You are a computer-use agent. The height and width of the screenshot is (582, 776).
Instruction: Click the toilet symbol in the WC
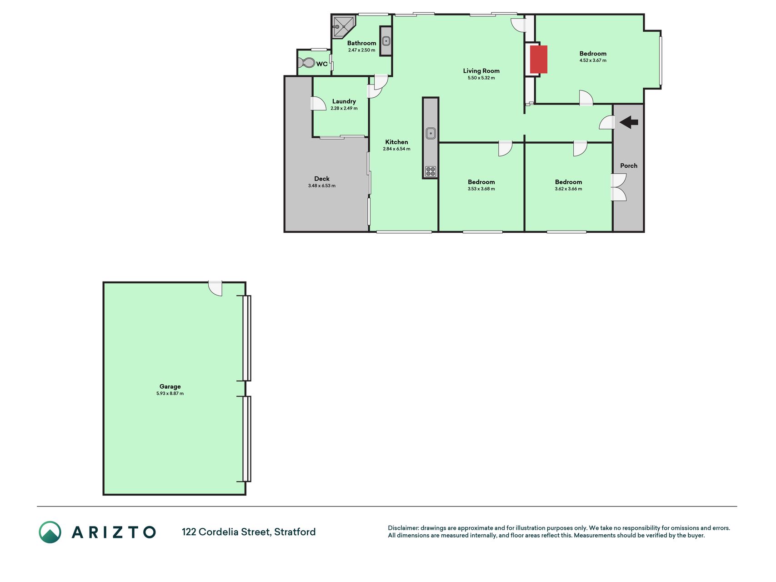tap(309, 63)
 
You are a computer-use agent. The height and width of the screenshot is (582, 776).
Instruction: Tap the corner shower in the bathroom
tap(342, 27)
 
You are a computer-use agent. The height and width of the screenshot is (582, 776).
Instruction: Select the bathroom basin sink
tap(386, 41)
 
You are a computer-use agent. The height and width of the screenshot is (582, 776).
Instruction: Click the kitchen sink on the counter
tap(431, 133)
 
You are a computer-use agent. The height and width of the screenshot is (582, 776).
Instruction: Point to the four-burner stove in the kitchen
tap(431, 171)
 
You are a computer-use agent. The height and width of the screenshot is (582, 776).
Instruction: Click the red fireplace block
tap(539, 59)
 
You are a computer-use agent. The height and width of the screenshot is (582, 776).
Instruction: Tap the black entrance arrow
tap(629, 122)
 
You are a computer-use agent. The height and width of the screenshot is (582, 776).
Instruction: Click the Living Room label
tap(481, 71)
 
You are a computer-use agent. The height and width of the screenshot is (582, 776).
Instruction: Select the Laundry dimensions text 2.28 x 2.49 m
tap(344, 108)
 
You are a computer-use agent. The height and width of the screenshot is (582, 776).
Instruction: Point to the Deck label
tap(322, 179)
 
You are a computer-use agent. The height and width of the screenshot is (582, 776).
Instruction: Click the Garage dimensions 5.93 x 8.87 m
tap(170, 393)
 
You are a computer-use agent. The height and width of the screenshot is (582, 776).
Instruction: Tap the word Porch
tap(629, 166)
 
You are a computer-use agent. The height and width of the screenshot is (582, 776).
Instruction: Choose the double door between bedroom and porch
tap(619, 187)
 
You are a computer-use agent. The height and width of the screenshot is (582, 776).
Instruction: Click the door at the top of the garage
tap(215, 288)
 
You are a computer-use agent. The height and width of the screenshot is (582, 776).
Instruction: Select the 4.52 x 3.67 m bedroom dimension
tap(593, 60)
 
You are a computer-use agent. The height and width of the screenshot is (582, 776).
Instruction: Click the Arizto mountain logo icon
tap(50, 532)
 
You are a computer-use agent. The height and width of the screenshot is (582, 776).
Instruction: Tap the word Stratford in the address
tap(295, 532)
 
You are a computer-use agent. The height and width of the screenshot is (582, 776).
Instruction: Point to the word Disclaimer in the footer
tap(403, 528)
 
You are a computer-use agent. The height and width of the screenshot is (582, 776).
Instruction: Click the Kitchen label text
tap(396, 142)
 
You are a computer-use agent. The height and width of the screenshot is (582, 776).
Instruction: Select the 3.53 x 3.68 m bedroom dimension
tap(481, 189)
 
